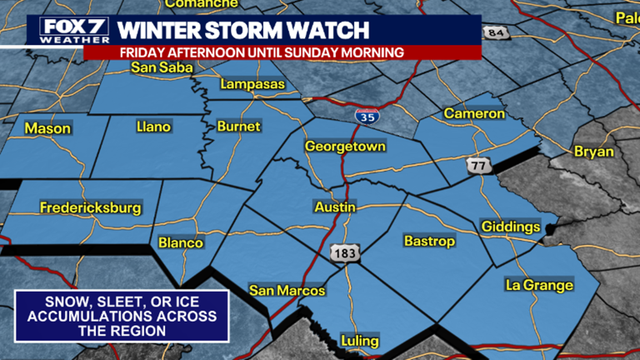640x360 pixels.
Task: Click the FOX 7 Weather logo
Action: click(x=74, y=30)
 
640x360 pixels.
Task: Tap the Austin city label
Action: click(x=335, y=206)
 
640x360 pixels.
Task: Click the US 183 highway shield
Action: click(x=343, y=252)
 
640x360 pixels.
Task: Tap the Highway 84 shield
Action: click(x=497, y=32)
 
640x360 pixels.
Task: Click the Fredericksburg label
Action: click(x=91, y=208)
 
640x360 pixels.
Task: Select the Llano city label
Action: click(x=153, y=127)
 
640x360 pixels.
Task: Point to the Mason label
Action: click(x=47, y=128)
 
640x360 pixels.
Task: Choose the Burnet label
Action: click(x=238, y=127)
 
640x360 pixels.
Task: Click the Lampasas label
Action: click(x=253, y=84)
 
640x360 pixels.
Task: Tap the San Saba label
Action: click(x=156, y=67)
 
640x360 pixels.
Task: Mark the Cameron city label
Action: click(x=474, y=113)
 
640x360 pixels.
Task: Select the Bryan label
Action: click(x=593, y=152)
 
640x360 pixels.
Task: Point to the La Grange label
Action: click(x=539, y=285)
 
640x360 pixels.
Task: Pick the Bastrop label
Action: click(x=429, y=242)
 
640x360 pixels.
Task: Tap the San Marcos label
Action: click(x=287, y=291)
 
